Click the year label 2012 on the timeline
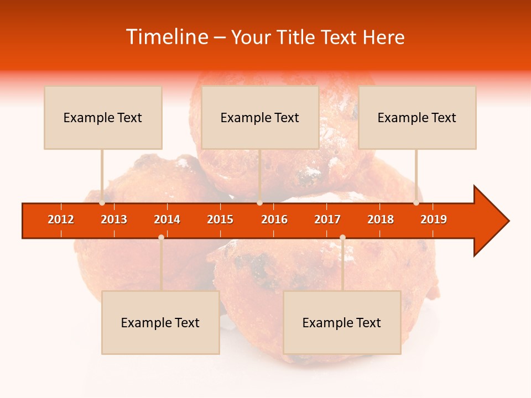61,219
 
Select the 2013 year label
114,219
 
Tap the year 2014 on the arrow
167,219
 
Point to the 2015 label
220,219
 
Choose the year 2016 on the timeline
274,219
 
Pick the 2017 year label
327,219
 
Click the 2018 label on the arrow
381,219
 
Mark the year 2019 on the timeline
434,219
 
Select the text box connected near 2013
103,117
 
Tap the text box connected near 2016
260,117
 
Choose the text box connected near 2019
417,117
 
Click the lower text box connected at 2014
160,322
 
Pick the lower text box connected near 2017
342,322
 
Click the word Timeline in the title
168,37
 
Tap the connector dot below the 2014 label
161,237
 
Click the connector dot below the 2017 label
342,237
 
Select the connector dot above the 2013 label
102,203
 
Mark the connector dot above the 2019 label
417,203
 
